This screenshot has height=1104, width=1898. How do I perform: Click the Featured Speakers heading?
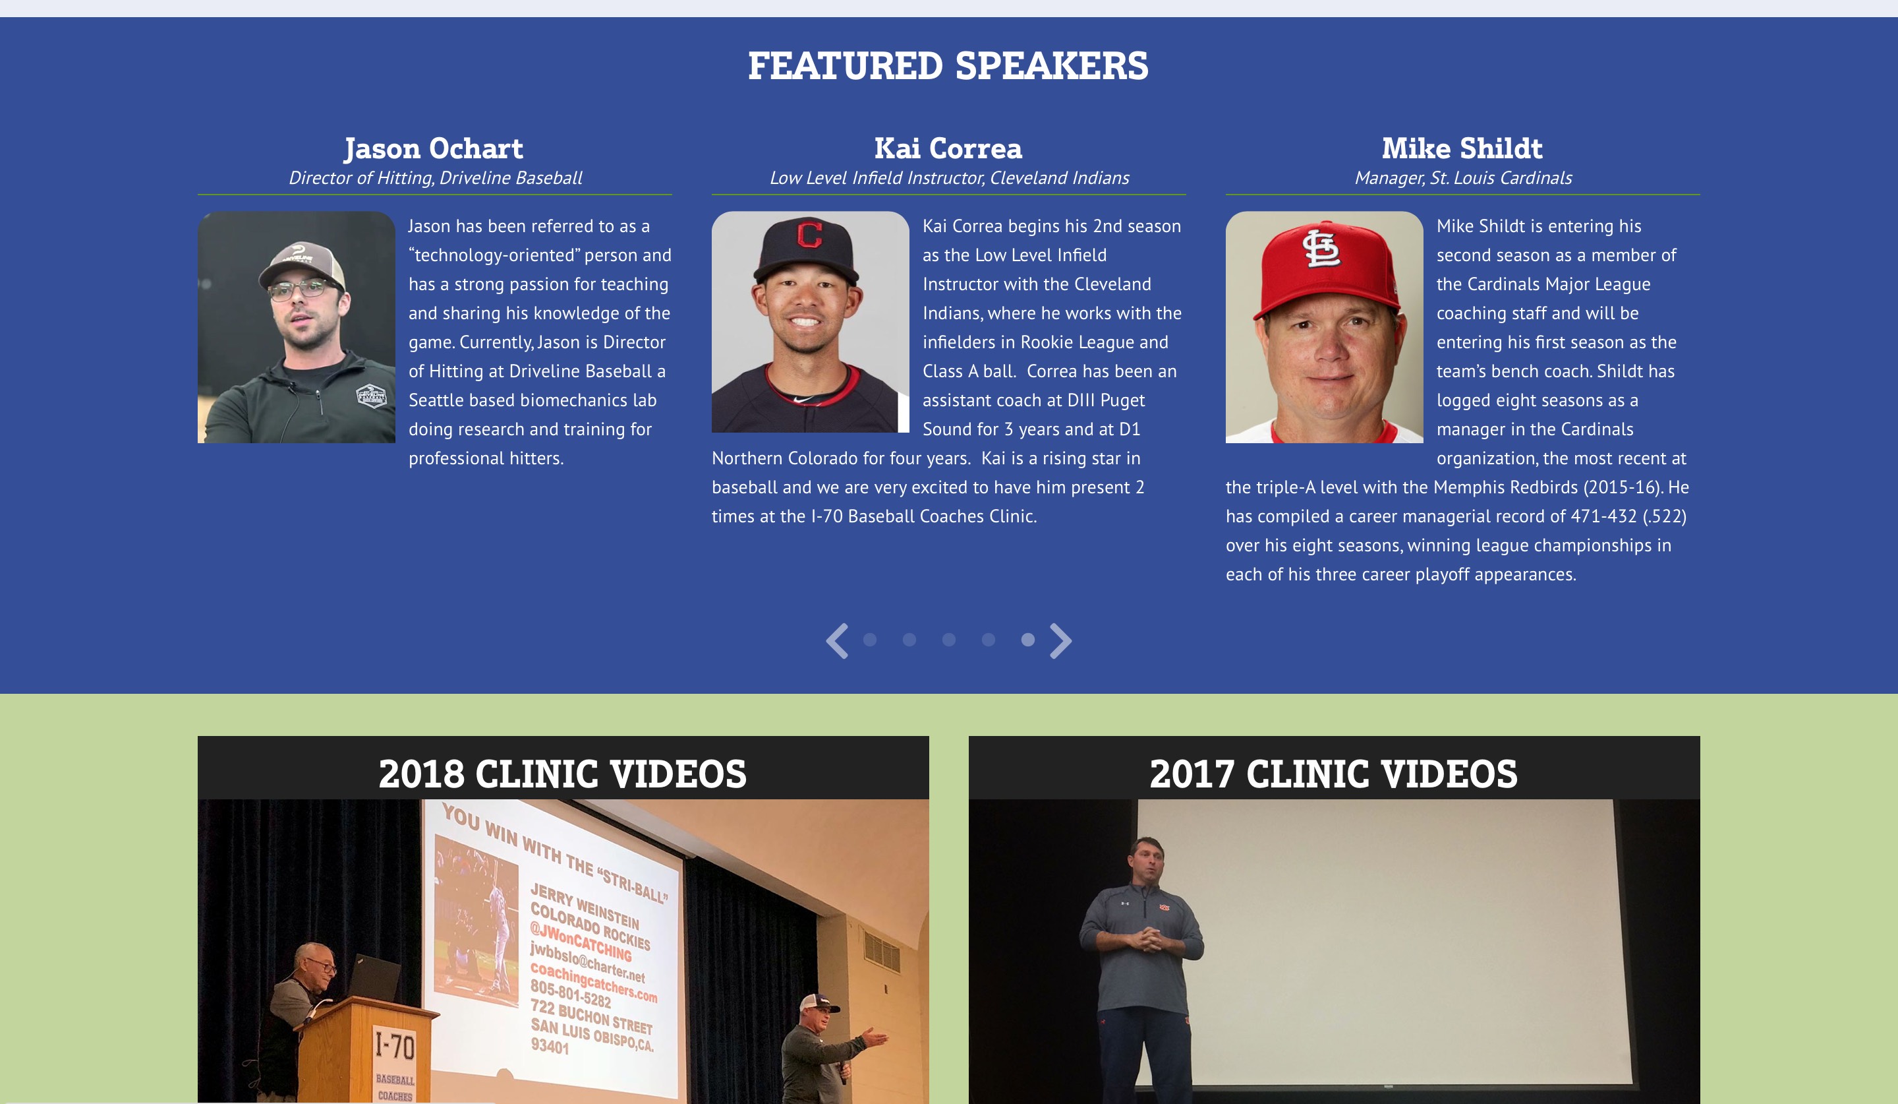(x=948, y=65)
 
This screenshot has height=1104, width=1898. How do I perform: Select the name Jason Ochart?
(x=434, y=148)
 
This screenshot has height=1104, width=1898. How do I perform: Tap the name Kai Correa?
(x=948, y=148)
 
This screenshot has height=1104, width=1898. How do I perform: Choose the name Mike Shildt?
(x=1462, y=148)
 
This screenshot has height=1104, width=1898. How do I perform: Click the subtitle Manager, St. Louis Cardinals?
(x=1462, y=178)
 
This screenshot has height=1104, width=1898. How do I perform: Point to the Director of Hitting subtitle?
(x=436, y=178)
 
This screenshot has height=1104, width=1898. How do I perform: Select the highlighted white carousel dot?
(x=1027, y=640)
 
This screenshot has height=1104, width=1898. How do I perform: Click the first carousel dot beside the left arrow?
(x=870, y=640)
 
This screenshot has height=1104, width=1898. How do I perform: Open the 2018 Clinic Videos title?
(x=563, y=774)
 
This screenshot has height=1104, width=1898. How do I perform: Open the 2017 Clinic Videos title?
(x=1333, y=774)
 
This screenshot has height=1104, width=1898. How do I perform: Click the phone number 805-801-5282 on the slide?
(x=570, y=994)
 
